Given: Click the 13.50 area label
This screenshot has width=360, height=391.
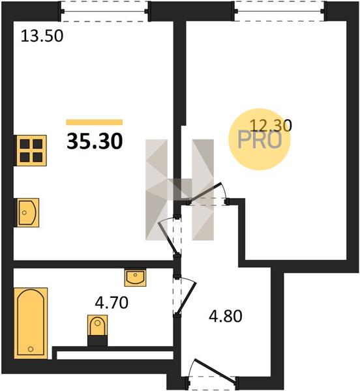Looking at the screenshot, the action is tap(42, 36).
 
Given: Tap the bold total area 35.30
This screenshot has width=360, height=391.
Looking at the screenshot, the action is tap(95, 141).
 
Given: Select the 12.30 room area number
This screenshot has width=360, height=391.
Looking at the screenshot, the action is tap(271, 125).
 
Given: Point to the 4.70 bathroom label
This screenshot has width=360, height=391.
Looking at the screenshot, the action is tap(112, 303).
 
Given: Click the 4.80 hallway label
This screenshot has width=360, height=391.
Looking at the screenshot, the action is tap(226, 317).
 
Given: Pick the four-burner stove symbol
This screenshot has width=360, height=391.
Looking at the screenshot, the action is tap(31, 151).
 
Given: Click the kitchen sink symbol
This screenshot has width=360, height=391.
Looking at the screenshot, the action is tap(27, 212).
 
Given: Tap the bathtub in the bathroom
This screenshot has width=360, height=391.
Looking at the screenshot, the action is tap(31, 323).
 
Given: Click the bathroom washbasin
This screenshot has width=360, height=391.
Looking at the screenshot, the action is tap(135, 278).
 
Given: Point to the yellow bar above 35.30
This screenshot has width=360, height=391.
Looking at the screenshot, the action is tap(95, 123).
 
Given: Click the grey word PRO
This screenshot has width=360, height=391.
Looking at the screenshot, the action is tap(260, 140).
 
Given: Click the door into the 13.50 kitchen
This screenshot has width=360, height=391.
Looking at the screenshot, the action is tap(169, 238).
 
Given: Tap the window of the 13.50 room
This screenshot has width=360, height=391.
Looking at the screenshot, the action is tap(105, 11).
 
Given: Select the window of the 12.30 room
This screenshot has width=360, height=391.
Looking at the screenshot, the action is tap(280, 11).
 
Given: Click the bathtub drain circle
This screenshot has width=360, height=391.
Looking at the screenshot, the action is tap(31, 349).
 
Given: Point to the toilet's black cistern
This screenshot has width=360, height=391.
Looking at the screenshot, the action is tap(98, 341).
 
